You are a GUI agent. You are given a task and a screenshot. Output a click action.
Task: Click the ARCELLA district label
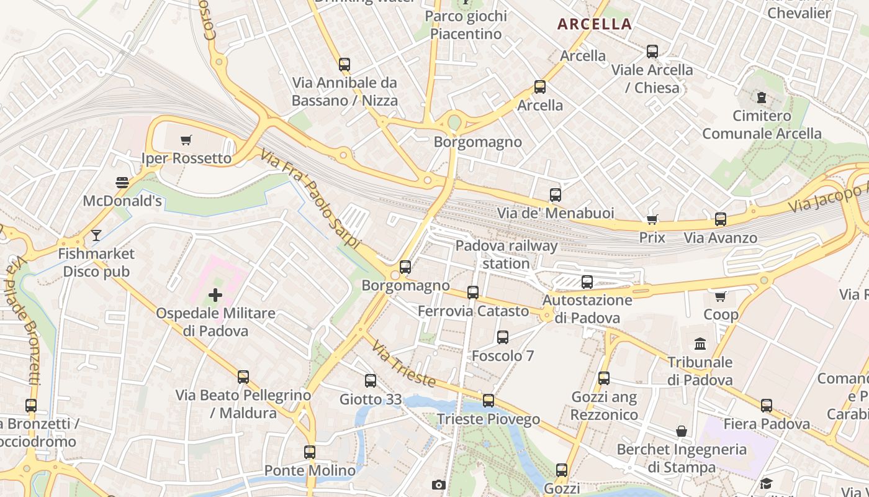click(594, 24)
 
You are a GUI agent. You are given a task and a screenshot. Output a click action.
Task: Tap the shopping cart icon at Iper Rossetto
click(186, 140)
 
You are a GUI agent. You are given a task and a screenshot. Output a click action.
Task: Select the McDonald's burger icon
click(122, 182)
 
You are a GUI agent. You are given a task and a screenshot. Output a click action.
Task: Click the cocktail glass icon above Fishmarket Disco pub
click(96, 235)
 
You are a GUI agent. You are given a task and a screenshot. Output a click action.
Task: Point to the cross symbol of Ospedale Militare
click(215, 294)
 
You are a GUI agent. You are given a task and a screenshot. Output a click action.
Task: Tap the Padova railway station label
click(507, 254)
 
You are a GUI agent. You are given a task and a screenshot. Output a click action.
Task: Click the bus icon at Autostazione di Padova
click(587, 282)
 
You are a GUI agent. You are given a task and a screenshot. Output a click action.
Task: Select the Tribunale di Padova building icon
click(700, 344)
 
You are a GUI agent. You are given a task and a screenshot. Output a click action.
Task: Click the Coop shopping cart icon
click(721, 296)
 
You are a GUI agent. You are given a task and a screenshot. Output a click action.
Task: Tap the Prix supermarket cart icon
click(652, 219)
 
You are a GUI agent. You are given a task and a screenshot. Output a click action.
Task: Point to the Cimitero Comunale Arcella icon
click(761, 97)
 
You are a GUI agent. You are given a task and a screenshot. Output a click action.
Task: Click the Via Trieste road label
click(403, 363)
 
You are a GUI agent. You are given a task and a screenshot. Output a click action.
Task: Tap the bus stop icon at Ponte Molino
click(310, 452)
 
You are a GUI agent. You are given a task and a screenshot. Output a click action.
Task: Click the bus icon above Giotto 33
click(371, 381)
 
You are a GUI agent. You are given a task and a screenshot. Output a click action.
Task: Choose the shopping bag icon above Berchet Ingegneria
click(682, 431)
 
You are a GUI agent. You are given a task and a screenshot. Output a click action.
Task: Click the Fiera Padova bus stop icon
click(767, 406)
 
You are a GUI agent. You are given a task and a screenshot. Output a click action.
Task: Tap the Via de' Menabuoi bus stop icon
click(556, 195)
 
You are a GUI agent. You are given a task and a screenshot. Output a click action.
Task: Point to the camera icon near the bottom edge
click(439, 485)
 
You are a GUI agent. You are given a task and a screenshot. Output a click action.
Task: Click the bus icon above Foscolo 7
click(503, 337)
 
